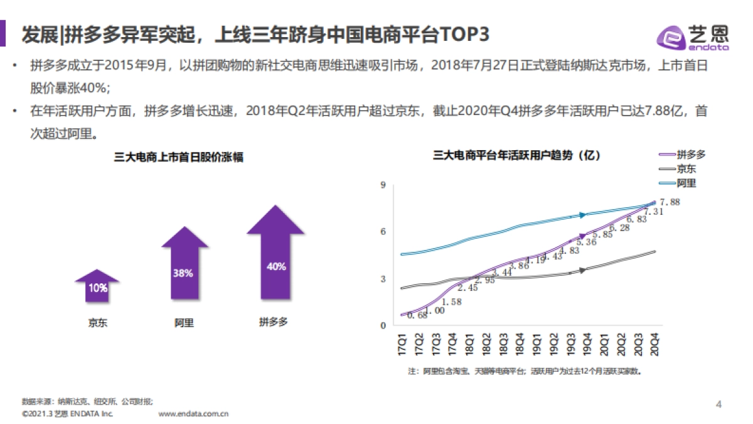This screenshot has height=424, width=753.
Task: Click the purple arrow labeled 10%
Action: coord(97,286)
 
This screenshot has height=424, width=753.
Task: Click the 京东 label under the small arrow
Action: coord(97,323)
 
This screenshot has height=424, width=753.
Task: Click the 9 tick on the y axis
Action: coord(382,185)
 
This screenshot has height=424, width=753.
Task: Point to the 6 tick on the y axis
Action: coord(382,232)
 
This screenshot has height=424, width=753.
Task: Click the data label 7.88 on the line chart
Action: coord(671,202)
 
